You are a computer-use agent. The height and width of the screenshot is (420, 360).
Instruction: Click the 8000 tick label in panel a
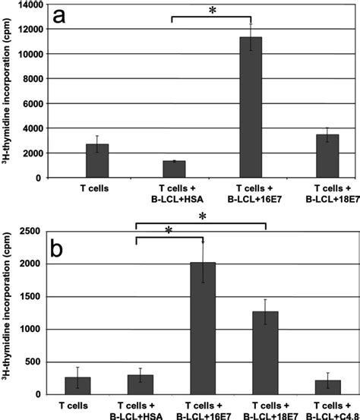[30, 79]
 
